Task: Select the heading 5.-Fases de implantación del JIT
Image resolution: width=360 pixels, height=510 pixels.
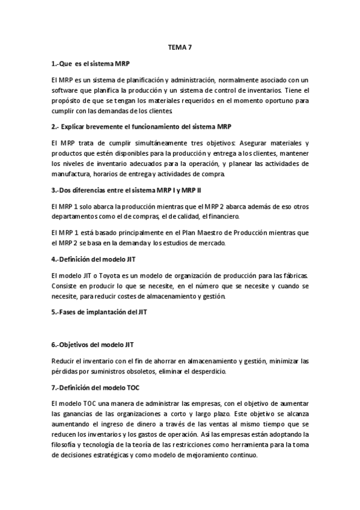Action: click(x=100, y=313)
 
